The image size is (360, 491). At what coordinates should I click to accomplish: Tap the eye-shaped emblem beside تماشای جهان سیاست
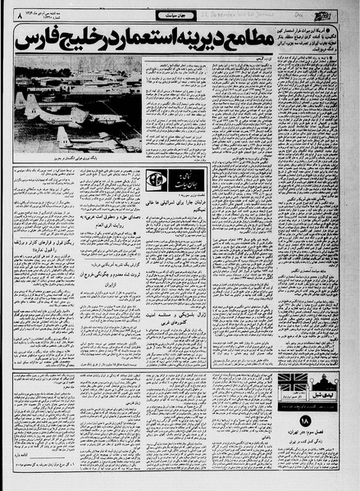click(x=156, y=180)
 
